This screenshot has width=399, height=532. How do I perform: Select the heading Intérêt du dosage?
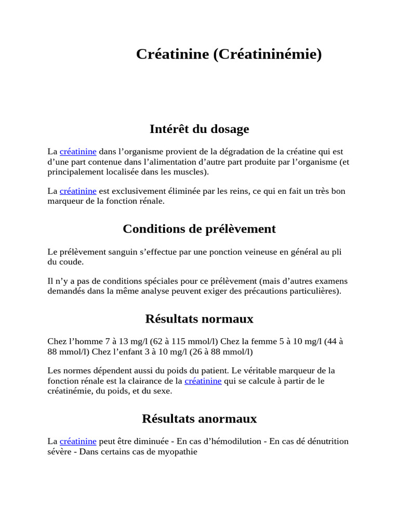[199, 129]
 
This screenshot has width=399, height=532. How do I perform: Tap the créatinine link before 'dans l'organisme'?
[78, 152]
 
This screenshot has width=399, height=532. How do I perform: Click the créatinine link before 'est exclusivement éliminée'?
[78, 191]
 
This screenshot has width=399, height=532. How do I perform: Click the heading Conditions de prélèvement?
[199, 229]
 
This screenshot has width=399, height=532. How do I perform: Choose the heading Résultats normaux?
[199, 318]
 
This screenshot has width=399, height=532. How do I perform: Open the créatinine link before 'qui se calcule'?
[203, 381]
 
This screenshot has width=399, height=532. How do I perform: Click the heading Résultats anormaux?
[199, 418]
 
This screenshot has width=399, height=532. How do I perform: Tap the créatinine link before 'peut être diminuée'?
[78, 442]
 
